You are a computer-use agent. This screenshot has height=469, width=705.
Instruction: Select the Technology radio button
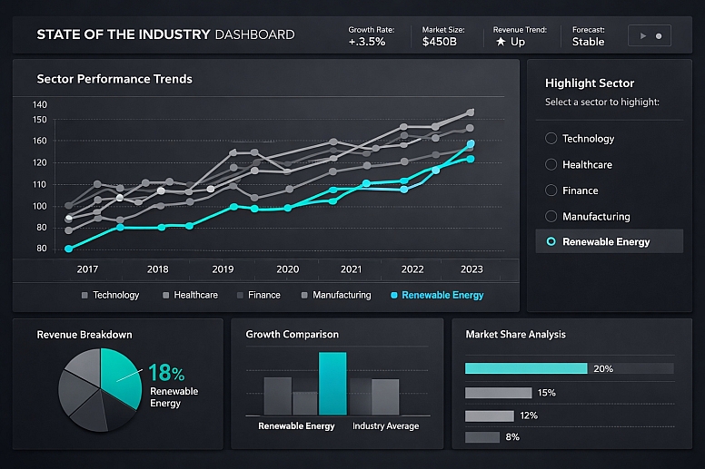(551, 139)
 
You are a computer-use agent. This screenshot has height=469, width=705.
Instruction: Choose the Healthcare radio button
(551, 165)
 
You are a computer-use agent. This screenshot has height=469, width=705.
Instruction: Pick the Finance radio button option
(551, 191)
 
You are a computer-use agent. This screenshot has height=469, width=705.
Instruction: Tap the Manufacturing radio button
(551, 217)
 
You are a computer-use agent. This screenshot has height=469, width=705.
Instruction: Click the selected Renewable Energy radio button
(551, 242)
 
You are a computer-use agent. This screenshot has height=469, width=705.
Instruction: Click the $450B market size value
(441, 42)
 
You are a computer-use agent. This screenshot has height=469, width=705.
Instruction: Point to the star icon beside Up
(500, 42)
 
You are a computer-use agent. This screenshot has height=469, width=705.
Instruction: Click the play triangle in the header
(643, 36)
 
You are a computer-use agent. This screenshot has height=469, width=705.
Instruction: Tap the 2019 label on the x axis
(223, 269)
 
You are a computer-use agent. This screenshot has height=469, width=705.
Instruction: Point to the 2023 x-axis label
(472, 269)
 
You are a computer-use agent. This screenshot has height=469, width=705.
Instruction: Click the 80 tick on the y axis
(40, 249)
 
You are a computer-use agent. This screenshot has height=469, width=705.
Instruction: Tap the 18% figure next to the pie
(166, 374)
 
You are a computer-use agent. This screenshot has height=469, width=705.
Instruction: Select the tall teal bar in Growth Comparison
(333, 384)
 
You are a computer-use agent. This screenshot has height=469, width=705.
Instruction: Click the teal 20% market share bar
(526, 368)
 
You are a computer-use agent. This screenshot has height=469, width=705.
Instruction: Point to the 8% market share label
(512, 437)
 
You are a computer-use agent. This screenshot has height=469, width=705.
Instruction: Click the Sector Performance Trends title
(114, 79)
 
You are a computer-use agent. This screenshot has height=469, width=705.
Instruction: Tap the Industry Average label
(385, 425)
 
